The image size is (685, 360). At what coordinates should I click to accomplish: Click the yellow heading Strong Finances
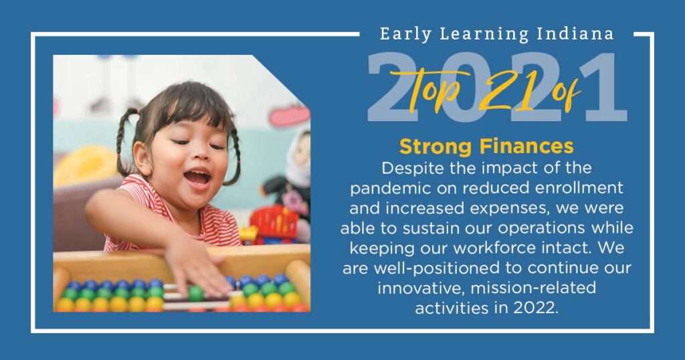(486, 147)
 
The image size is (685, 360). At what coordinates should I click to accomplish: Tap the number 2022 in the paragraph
(536, 308)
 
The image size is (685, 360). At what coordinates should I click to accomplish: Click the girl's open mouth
(197, 177)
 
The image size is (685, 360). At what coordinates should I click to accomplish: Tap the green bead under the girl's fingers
(196, 292)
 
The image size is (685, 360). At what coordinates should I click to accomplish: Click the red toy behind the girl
(274, 224)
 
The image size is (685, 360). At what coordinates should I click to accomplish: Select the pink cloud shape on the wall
(289, 115)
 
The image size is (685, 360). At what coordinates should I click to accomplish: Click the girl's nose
(199, 155)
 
